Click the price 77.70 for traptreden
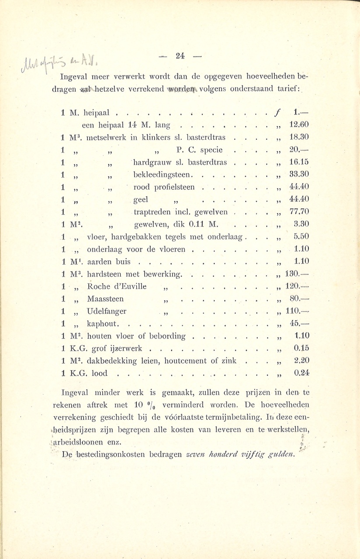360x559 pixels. coord(299,212)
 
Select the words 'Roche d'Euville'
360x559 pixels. coord(117,286)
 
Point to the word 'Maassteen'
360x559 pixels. coord(105,299)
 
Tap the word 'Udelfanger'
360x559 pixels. coord(107,311)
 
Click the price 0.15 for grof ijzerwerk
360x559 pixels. coord(301,349)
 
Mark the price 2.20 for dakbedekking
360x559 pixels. coord(301,361)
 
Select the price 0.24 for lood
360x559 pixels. coord(301,373)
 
